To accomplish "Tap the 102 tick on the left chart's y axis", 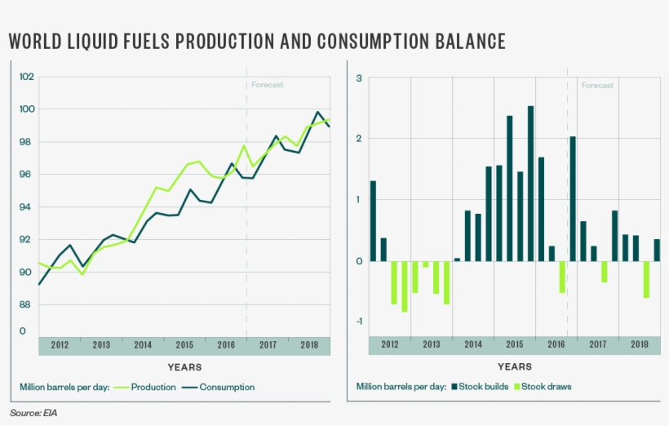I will click(26, 77).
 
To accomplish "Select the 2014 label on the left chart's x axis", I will click(143, 344).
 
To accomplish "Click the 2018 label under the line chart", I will click(309, 344).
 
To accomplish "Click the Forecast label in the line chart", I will click(267, 85).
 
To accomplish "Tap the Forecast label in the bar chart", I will click(597, 85).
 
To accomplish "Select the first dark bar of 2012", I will click(373, 220).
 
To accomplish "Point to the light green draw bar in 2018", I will click(646, 279).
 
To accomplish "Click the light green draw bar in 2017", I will click(605, 272).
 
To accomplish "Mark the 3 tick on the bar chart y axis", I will click(358, 78).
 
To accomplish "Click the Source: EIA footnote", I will click(33, 414).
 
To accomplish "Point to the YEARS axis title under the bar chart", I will click(514, 367).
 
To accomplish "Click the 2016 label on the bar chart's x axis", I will click(556, 344).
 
